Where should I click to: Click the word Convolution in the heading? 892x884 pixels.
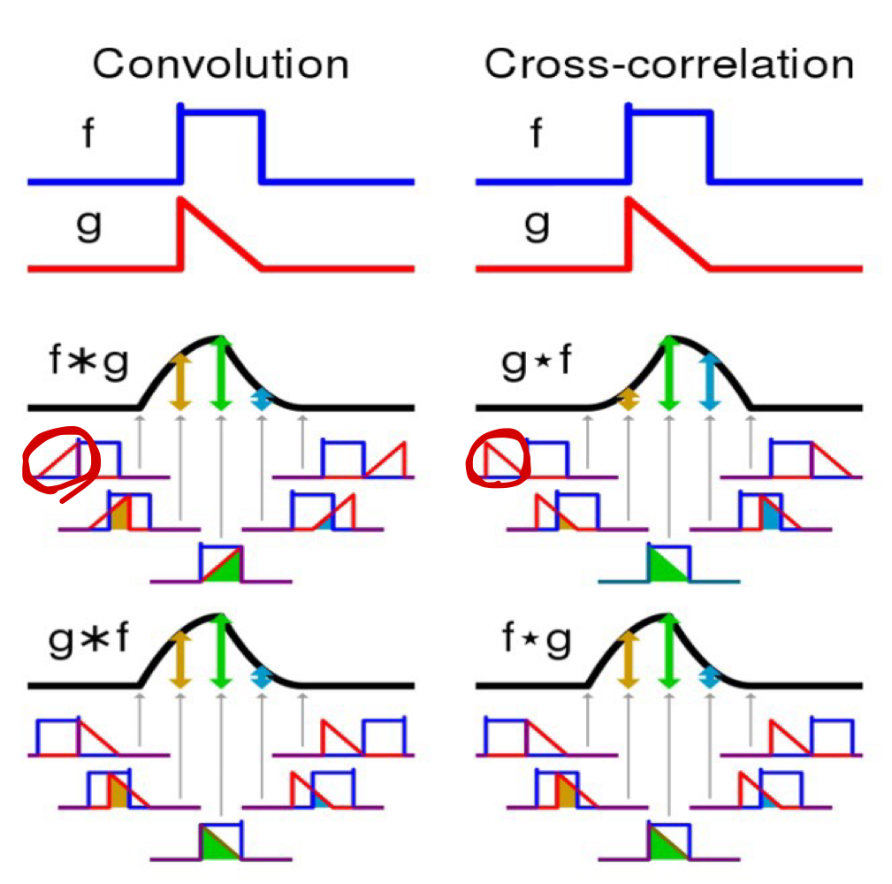[220, 65]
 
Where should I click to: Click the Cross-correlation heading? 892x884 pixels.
[669, 65]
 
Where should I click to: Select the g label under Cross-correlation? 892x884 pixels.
[537, 225]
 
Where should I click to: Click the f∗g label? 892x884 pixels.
[88, 363]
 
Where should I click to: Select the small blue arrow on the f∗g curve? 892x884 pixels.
[261, 400]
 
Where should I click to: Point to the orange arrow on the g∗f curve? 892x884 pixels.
[180, 659]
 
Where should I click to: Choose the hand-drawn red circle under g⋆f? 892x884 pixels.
[497, 458]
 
